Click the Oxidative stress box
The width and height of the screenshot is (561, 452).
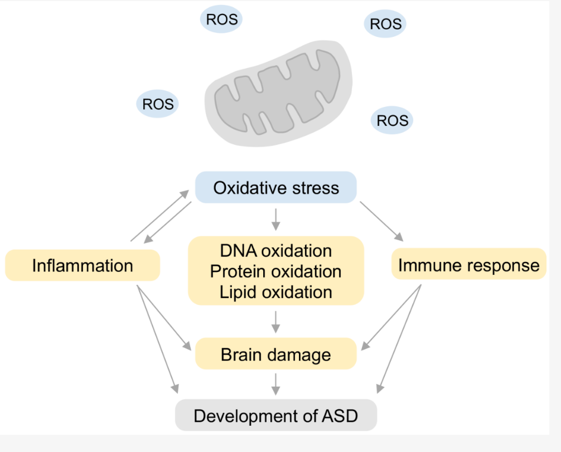click(x=275, y=187)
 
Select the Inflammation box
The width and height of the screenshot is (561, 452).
click(x=83, y=265)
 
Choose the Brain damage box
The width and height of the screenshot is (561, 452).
click(x=275, y=354)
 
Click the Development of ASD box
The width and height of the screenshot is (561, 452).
click(x=275, y=416)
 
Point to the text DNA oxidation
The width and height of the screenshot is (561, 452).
click(x=275, y=251)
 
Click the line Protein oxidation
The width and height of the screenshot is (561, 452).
click(x=275, y=271)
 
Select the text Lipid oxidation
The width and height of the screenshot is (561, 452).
click(x=275, y=291)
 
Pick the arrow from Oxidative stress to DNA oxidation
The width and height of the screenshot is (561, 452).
click(x=275, y=219)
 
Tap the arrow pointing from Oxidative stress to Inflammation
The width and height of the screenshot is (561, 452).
click(x=168, y=223)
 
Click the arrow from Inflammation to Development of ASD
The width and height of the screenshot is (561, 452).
click(x=157, y=335)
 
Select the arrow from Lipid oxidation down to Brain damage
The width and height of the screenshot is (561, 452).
click(x=275, y=322)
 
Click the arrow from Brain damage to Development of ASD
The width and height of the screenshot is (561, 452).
click(x=275, y=384)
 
